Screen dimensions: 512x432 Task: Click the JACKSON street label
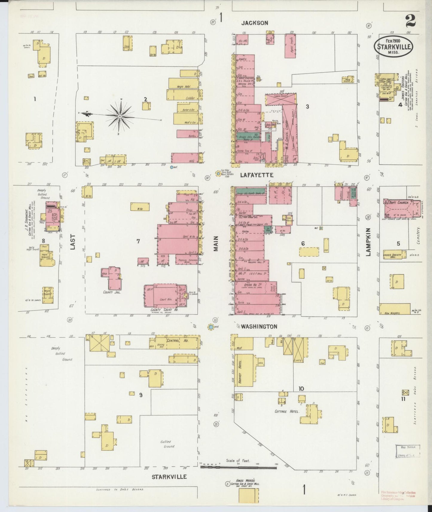point(255,23)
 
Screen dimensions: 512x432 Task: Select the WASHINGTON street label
point(259,326)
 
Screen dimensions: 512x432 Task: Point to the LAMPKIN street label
point(368,242)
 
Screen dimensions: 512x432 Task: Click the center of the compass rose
point(120,116)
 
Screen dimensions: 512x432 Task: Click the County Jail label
point(112,292)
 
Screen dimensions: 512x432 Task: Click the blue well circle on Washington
point(211,327)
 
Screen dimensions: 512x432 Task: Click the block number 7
point(138,241)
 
